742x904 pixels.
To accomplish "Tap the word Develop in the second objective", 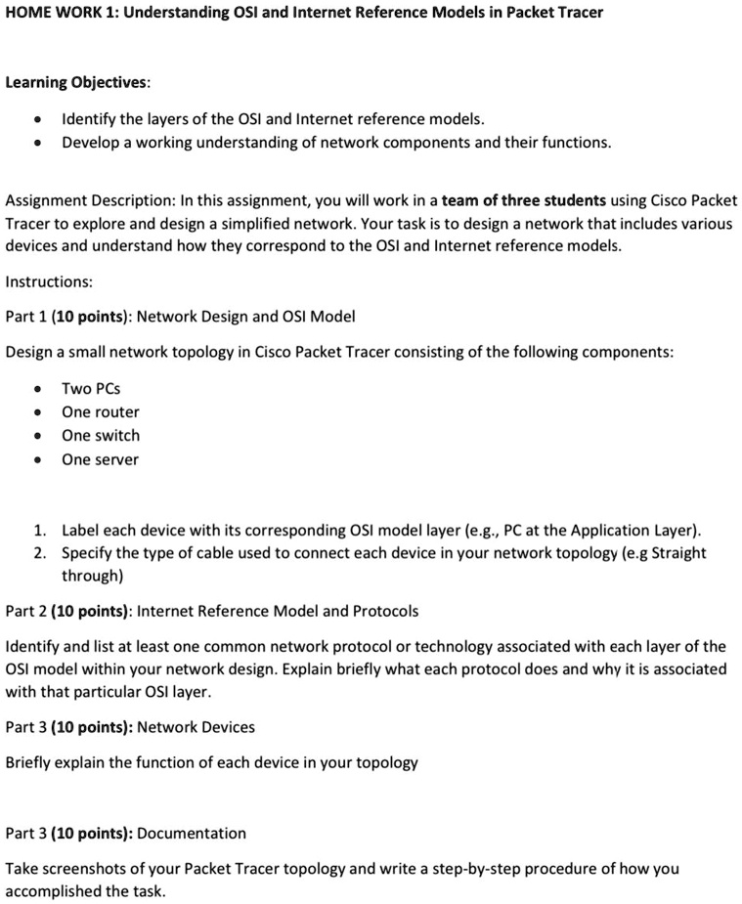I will click(x=91, y=143).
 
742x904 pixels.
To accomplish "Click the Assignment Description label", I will click(x=87, y=200).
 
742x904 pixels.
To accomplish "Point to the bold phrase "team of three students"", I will click(x=524, y=200).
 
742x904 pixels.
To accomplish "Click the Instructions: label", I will click(x=49, y=281).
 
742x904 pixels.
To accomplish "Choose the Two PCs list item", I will click(x=91, y=388).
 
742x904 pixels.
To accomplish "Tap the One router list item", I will click(x=100, y=411).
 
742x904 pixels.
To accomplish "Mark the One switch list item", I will click(x=100, y=436).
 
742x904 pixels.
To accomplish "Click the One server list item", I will click(x=100, y=459).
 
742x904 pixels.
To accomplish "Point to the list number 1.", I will click(x=38, y=530).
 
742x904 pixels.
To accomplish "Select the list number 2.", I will click(x=38, y=553).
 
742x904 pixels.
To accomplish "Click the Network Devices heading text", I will click(x=196, y=727).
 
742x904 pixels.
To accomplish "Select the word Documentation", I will click(x=192, y=833).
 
